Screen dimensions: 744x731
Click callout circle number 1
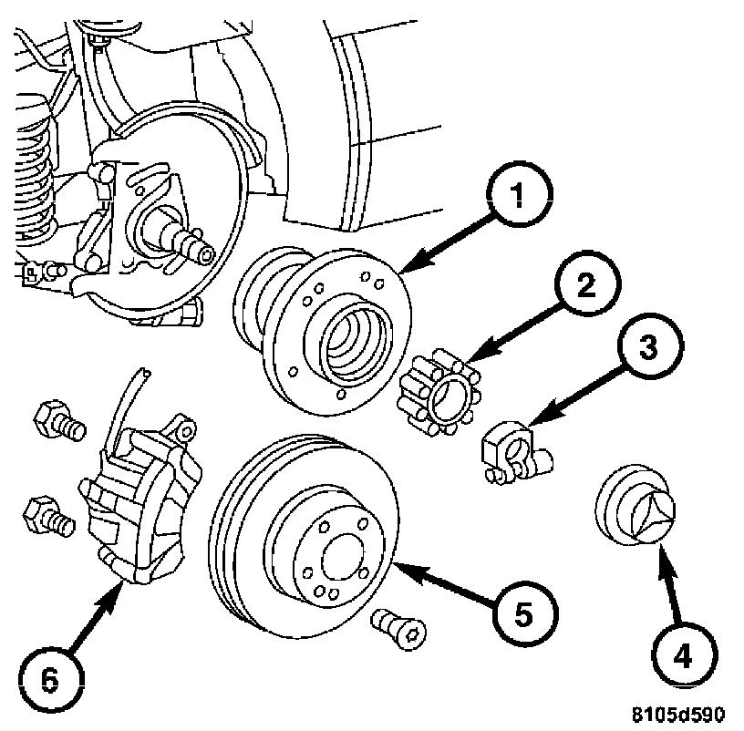(x=520, y=193)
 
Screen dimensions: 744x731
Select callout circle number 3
(x=650, y=345)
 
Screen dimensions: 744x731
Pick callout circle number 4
(x=684, y=655)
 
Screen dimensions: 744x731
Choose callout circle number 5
(x=525, y=613)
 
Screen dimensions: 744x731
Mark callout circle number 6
(x=52, y=681)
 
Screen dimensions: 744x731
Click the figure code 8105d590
(x=677, y=715)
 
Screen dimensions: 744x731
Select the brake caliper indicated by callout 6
(x=142, y=498)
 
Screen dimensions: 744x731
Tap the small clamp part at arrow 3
(x=516, y=451)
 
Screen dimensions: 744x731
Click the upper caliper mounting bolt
(x=59, y=421)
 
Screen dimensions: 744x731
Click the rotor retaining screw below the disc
(x=399, y=629)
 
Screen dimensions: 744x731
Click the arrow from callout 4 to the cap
(x=671, y=583)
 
